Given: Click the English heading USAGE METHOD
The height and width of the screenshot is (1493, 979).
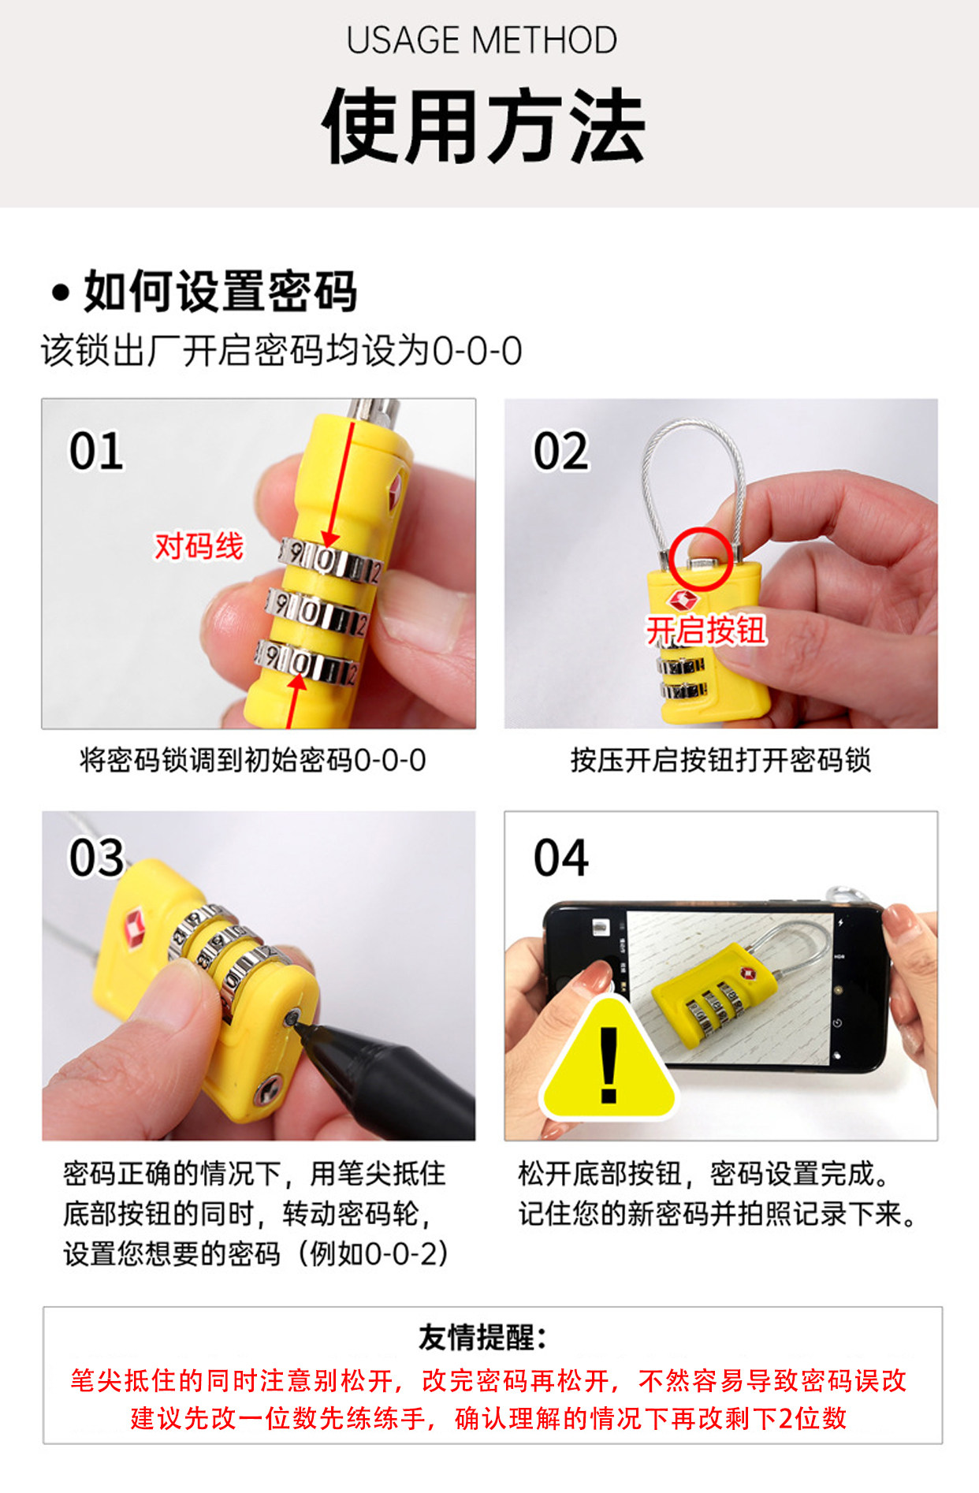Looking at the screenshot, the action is click(482, 40).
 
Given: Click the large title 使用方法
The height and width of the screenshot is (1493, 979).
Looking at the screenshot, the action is click(484, 126).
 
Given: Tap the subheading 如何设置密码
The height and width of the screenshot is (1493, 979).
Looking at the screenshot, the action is click(220, 291).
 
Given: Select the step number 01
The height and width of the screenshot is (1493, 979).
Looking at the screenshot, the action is click(96, 451).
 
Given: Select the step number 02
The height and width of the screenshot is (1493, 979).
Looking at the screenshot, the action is click(560, 451).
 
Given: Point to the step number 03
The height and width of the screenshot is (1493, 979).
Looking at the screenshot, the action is click(96, 858).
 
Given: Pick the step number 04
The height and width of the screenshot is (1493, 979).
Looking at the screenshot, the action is click(560, 858).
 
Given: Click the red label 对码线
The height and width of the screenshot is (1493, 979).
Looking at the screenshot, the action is click(199, 545).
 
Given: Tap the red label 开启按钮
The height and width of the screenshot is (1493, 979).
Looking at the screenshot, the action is click(706, 631).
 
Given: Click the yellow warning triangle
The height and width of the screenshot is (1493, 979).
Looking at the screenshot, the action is click(609, 1060).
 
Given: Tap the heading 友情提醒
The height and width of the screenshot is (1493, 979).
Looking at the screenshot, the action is click(482, 1337).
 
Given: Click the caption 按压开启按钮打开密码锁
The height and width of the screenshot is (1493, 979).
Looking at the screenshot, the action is click(720, 760).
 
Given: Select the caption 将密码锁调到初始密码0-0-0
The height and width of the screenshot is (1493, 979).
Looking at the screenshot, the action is click(253, 760).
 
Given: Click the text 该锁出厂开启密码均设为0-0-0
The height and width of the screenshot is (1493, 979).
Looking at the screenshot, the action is click(281, 351).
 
